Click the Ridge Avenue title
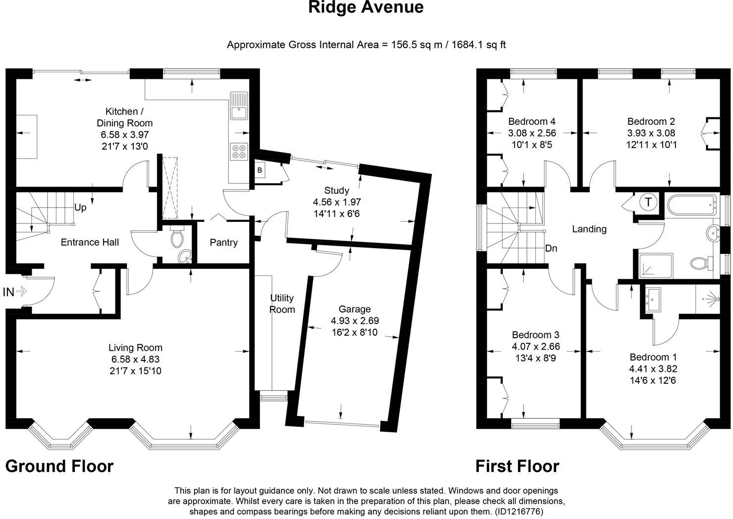(x=366, y=8)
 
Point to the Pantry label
(x=223, y=242)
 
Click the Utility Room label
(x=282, y=304)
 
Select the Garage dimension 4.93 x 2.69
(x=355, y=320)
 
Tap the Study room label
(x=337, y=190)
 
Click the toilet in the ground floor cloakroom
(x=176, y=238)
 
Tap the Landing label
(x=589, y=229)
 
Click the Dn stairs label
(x=551, y=248)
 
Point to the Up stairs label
(x=80, y=208)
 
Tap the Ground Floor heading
(x=59, y=466)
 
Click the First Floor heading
(x=517, y=466)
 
